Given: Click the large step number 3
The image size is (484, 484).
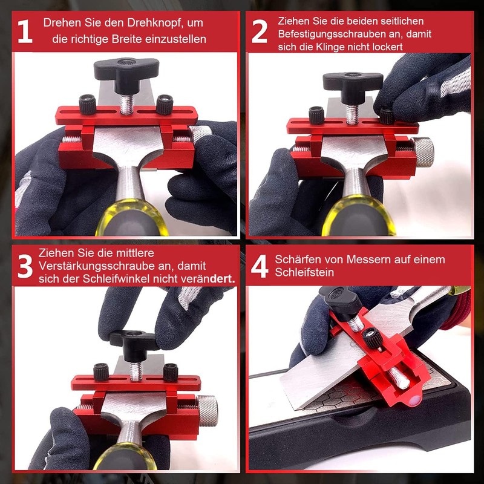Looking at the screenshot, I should pos(24,266).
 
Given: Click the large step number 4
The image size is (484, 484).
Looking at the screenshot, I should pos(260,267).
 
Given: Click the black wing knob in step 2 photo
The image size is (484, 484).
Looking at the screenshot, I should pos(352,81).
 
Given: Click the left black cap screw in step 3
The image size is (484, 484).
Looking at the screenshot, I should pos(102,370).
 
